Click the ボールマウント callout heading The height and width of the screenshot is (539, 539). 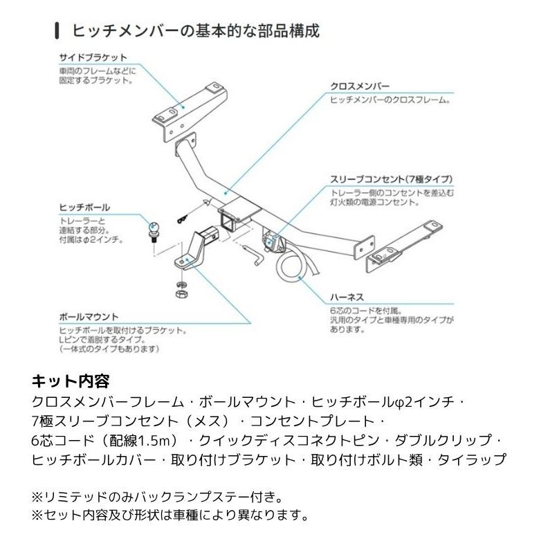point(89,316)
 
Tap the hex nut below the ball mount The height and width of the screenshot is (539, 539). point(181,295)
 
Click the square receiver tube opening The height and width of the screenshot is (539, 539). point(228,221)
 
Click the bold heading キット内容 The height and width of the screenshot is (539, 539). point(71,381)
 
